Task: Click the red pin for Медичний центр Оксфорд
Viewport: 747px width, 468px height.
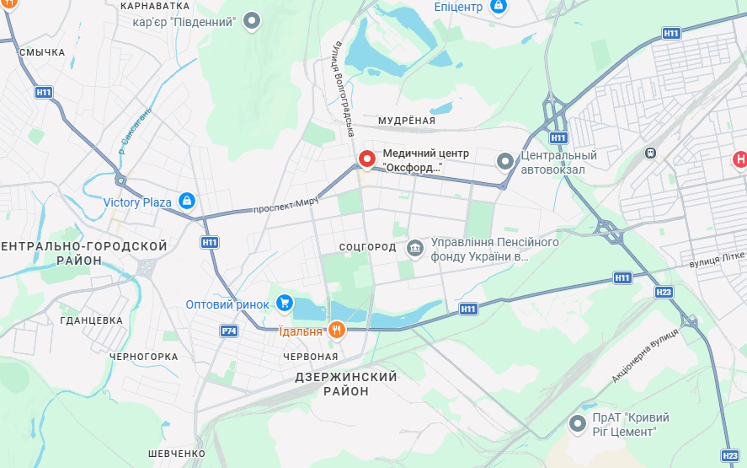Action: [367, 159]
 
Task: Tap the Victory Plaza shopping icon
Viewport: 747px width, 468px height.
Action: [187, 202]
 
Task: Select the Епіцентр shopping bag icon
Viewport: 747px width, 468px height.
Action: [499, 7]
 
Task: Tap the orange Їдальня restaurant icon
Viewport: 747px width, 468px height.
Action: [337, 331]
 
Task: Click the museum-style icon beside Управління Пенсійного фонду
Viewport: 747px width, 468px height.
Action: [414, 248]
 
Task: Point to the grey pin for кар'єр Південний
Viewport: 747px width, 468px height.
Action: [251, 21]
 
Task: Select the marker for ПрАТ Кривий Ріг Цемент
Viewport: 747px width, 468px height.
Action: [578, 424]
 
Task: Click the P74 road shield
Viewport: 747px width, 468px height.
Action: [228, 331]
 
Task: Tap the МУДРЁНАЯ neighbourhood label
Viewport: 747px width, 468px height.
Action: [407, 121]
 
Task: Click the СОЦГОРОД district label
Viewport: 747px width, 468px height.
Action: [367, 247]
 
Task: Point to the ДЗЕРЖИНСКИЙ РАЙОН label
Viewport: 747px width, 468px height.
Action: [346, 384]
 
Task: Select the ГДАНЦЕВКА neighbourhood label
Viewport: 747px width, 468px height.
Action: [92, 320]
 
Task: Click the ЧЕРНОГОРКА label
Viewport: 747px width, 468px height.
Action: [144, 357]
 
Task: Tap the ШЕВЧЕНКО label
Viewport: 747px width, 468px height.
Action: [176, 454]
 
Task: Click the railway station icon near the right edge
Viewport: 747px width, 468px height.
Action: [650, 153]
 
